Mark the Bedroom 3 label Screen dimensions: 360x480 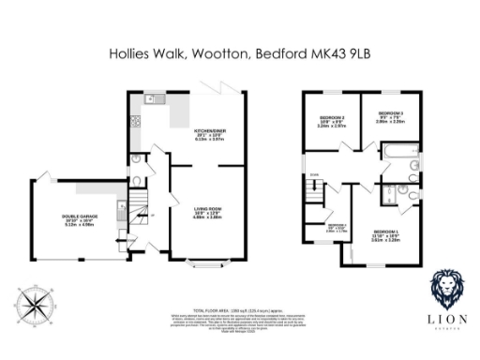[x=391, y=118]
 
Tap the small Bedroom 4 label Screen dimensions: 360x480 [x=337, y=227]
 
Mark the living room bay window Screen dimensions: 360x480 [x=207, y=262]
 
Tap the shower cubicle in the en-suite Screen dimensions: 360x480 [x=387, y=196]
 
